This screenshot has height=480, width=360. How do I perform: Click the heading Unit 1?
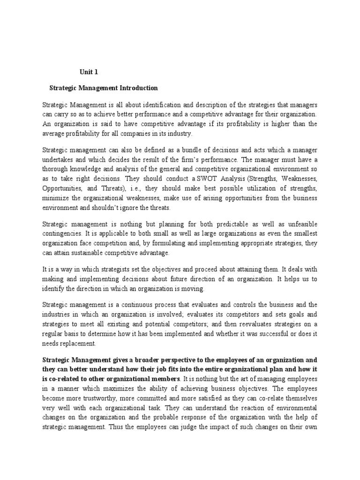coord(88,72)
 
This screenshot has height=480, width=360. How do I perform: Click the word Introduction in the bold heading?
coord(137,88)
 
